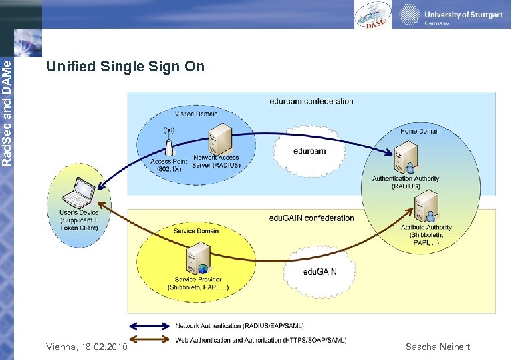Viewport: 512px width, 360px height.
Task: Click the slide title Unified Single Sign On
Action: tap(125, 67)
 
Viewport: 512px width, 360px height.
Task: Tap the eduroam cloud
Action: tap(309, 151)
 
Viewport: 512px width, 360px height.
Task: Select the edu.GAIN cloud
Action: tap(319, 271)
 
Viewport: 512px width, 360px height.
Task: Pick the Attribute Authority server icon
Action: tap(426, 206)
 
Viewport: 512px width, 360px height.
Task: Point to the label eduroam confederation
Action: tap(311, 101)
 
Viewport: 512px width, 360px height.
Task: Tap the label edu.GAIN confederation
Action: tap(311, 218)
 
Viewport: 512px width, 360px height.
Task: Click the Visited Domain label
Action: tap(196, 114)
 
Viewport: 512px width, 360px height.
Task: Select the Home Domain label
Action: tap(420, 131)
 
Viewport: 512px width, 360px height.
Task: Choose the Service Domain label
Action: tap(196, 231)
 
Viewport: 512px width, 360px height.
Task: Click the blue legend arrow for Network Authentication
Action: tap(150, 326)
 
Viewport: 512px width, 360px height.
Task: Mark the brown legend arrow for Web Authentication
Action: tap(150, 341)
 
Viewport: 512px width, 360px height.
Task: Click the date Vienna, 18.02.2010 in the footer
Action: tap(86, 347)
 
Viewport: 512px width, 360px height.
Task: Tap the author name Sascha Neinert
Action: tap(438, 347)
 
